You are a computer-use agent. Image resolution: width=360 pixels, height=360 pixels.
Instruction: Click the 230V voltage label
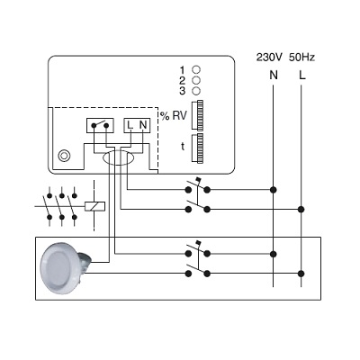point(269,58)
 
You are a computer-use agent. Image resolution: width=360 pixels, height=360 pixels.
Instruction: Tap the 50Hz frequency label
point(301,58)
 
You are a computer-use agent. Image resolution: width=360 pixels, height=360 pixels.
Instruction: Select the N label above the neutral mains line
point(274,75)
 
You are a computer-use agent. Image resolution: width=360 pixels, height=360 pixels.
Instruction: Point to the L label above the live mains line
point(302,75)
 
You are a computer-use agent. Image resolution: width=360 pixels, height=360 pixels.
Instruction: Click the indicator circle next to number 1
point(196,69)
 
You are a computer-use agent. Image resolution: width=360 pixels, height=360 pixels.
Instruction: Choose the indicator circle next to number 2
point(196,80)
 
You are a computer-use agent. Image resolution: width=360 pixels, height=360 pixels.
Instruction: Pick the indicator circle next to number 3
point(196,91)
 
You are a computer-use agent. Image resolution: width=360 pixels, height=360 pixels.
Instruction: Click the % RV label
point(174,116)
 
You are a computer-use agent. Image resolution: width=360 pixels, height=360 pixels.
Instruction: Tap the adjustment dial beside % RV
point(197,114)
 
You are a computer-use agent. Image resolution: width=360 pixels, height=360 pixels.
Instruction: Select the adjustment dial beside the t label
point(197,148)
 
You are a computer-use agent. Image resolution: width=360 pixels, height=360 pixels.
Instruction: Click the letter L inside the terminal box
point(130,125)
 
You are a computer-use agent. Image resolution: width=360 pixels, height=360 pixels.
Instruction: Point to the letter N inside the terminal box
point(143,125)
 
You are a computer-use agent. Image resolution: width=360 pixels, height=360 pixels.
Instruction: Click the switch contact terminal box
point(100,125)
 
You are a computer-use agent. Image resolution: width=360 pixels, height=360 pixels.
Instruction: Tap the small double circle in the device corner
point(64,156)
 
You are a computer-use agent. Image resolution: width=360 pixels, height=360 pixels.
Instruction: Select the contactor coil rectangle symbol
point(94,206)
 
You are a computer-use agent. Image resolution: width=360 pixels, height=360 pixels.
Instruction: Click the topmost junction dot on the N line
point(273,190)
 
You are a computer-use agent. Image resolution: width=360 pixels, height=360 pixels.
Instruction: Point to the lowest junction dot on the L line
point(301,274)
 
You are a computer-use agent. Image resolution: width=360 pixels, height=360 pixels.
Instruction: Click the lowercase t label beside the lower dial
point(183,147)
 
